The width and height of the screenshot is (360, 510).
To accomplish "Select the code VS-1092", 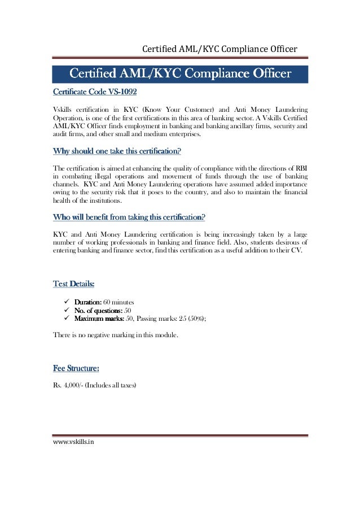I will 118,91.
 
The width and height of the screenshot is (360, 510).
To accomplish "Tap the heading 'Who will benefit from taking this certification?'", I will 129,217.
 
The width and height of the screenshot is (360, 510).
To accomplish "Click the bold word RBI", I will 302,168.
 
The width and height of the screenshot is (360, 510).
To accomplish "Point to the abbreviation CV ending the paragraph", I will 295,250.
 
